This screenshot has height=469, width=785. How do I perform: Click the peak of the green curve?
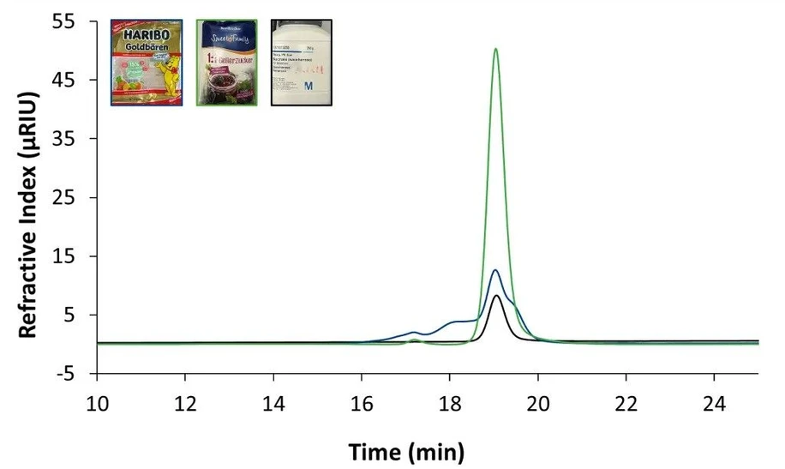point(495,49)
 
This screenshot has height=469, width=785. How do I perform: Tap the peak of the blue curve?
point(495,271)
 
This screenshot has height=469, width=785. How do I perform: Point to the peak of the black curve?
point(496,296)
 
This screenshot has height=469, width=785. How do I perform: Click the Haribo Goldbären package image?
point(147,62)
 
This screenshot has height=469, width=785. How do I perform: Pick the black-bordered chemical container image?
point(301,62)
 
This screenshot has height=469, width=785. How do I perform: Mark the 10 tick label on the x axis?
point(97,403)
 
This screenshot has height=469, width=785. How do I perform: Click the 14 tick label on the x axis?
point(273,403)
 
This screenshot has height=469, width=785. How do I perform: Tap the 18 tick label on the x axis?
point(449,403)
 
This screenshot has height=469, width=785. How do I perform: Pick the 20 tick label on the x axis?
point(537,403)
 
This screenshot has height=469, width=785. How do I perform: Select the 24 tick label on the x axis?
point(714,403)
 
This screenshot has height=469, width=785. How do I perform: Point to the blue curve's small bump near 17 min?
point(414,332)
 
